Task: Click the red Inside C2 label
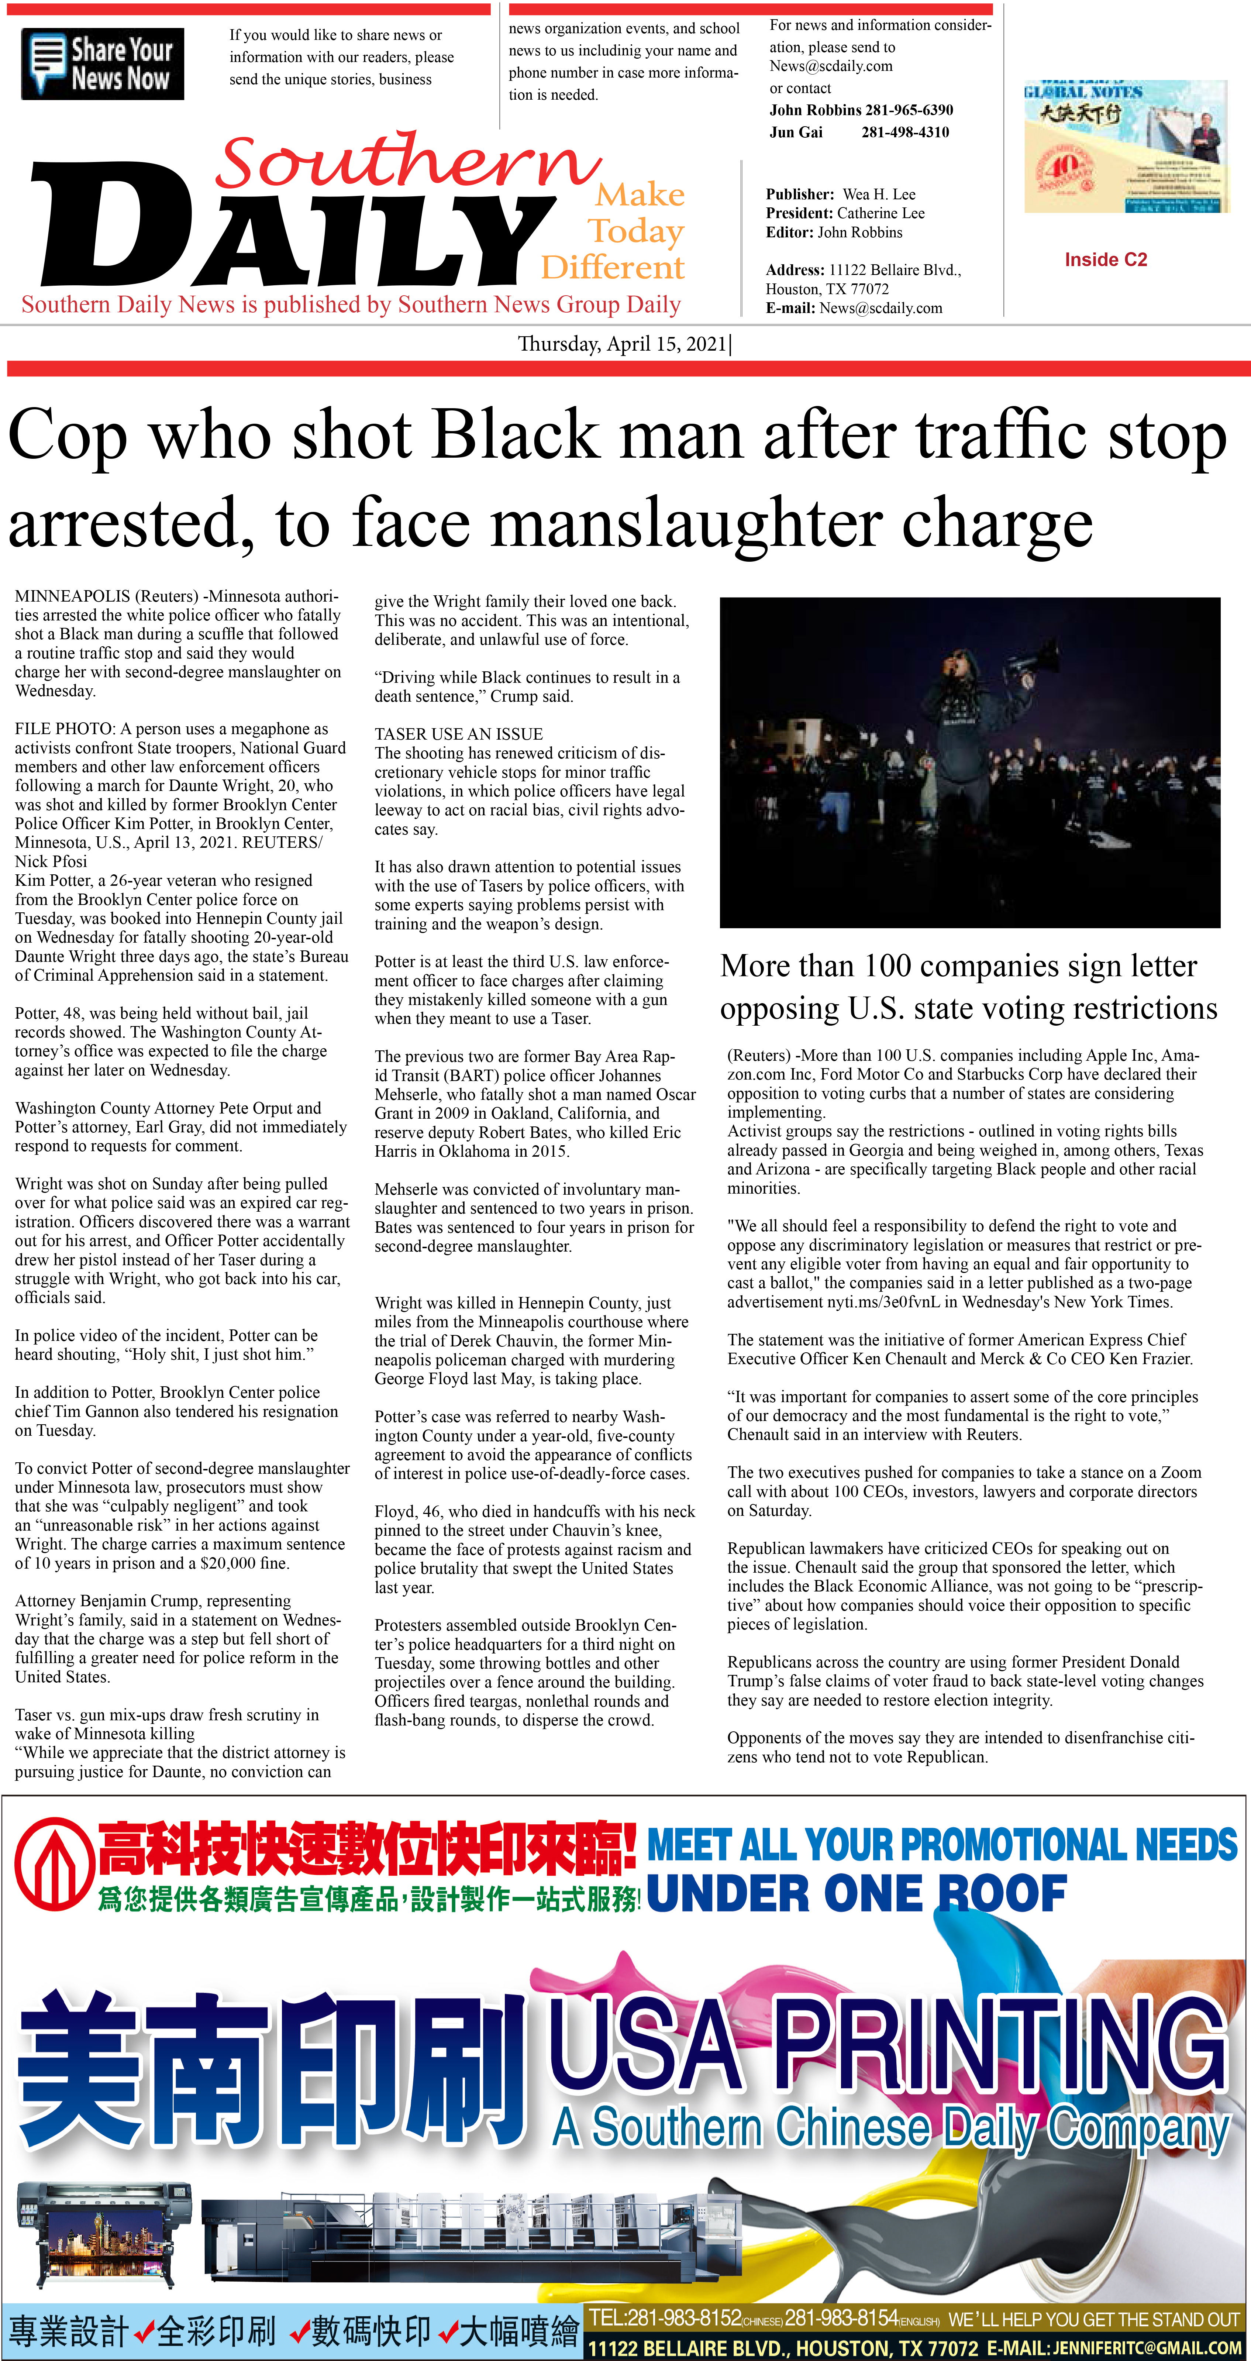coord(1105,259)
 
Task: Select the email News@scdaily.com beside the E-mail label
coord(881,308)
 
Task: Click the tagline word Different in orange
coord(612,268)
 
